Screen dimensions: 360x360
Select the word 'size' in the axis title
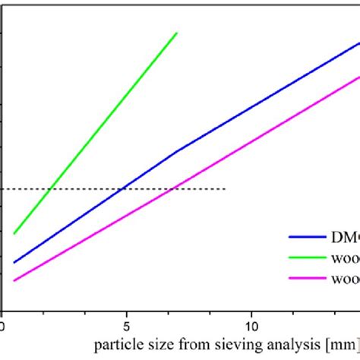pos(156,345)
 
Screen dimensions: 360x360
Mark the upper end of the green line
pos(177,33)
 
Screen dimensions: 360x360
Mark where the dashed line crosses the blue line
pos(122,188)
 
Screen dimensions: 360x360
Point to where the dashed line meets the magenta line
pos(175,188)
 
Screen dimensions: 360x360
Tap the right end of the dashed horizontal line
pos(226,188)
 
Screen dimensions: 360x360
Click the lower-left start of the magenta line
pos(14,280)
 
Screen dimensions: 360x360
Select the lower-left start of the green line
pos(14,233)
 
